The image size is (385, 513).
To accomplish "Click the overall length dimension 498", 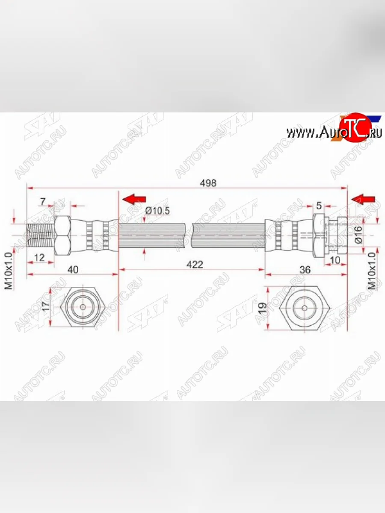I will (x=208, y=183).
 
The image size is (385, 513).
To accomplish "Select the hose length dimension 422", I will (x=195, y=265).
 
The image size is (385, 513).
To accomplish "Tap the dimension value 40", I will (x=74, y=270).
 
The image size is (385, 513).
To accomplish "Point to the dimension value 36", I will (x=305, y=270).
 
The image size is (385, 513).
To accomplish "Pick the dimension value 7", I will (x=43, y=201).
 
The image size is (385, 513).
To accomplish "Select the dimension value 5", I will (x=319, y=206).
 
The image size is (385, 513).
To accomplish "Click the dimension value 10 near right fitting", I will (x=335, y=259).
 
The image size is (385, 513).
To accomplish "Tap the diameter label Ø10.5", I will (x=157, y=210).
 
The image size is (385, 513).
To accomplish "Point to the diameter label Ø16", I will (x=358, y=235).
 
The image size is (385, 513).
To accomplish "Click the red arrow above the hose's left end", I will (x=134, y=199).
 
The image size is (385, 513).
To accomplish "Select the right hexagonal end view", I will (x=304, y=308).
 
